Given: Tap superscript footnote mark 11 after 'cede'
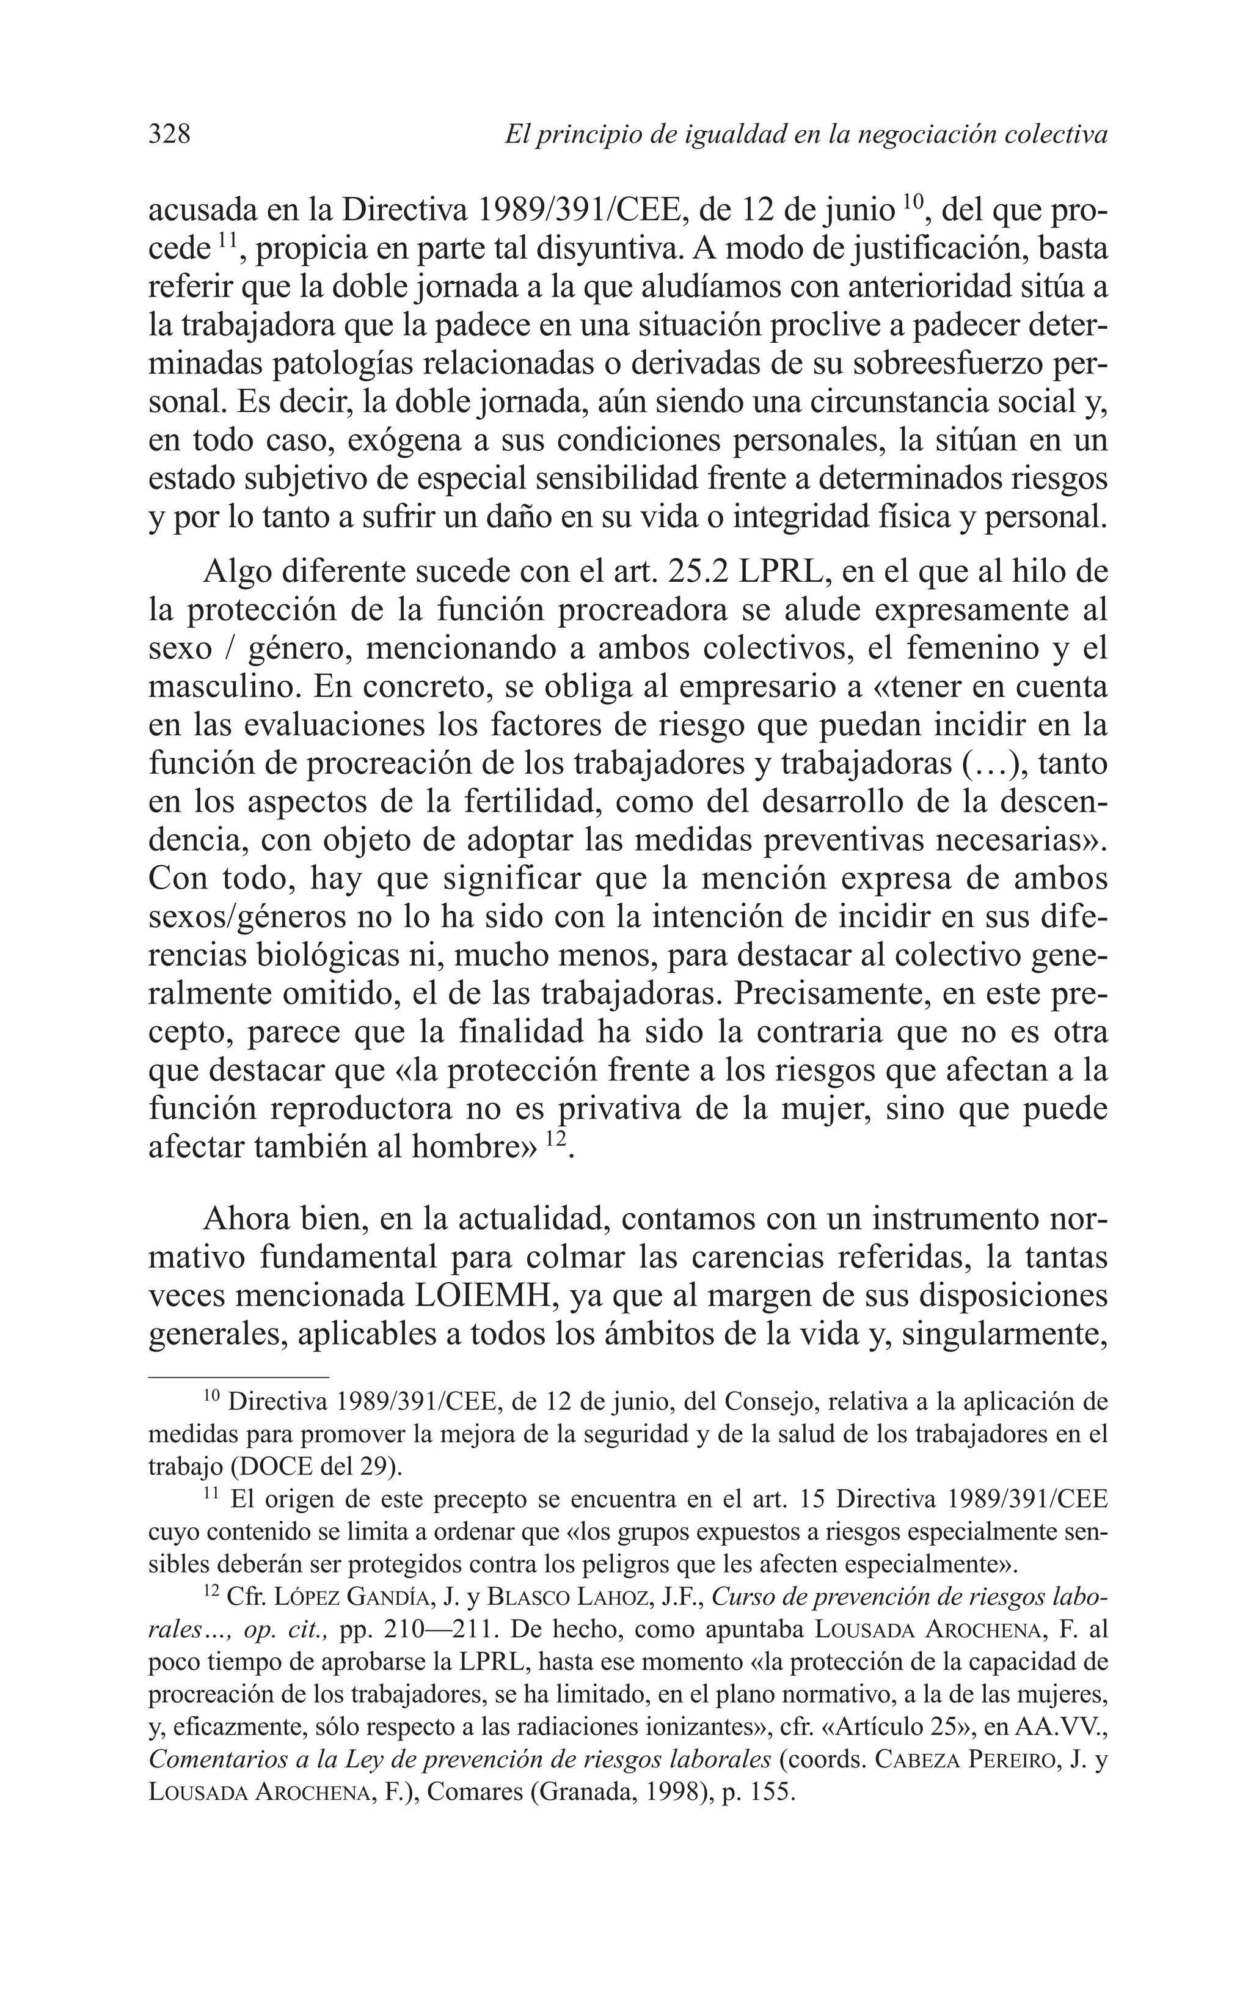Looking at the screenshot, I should [x=227, y=241].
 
